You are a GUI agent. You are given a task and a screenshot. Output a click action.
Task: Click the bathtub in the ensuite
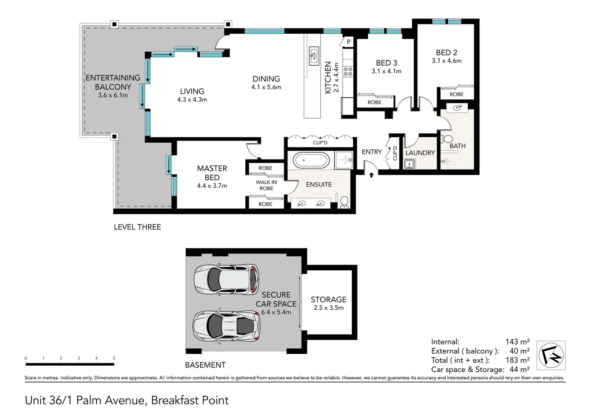pyautogui.click(x=311, y=160)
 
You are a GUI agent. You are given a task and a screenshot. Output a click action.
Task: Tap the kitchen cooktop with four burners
pyautogui.click(x=348, y=72)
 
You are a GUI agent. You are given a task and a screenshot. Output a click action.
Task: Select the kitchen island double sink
pyautogui.click(x=314, y=56)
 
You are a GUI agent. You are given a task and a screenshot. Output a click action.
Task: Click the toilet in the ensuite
pyautogui.click(x=344, y=202)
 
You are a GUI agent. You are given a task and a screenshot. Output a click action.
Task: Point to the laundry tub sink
pyautogui.click(x=409, y=164)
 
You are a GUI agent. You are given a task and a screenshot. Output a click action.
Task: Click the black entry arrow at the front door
pyautogui.click(x=372, y=175)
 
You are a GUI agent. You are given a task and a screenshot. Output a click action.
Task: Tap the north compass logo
pyautogui.click(x=551, y=355)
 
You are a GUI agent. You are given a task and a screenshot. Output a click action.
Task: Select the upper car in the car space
pyautogui.click(x=226, y=279)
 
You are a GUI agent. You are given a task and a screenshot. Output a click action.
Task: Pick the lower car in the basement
pyautogui.click(x=226, y=326)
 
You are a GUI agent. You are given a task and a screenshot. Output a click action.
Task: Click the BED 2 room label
pyautogui.click(x=447, y=52)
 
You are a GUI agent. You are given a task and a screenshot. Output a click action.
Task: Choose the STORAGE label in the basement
pyautogui.click(x=328, y=300)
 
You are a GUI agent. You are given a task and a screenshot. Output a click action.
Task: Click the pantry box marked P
pyautogui.click(x=348, y=42)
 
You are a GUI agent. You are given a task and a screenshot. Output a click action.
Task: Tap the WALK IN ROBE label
pyautogui.click(x=266, y=185)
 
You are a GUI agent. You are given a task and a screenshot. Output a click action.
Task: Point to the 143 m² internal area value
pyautogui.click(x=517, y=341)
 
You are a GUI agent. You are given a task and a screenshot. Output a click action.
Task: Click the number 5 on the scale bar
pyautogui.click(x=114, y=358)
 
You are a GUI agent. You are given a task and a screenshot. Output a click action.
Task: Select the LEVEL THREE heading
pyautogui.click(x=137, y=227)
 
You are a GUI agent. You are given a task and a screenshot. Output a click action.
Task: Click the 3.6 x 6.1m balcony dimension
pyautogui.click(x=113, y=95)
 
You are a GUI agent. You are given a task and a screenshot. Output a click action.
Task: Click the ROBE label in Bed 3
pyautogui.click(x=374, y=103)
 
